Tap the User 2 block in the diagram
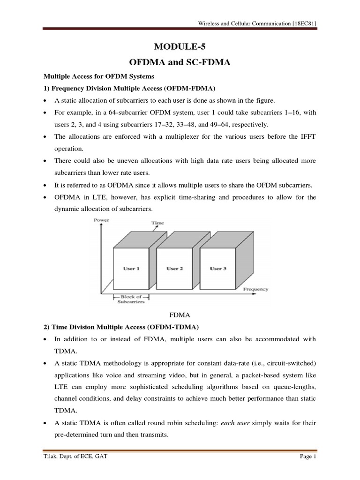(173, 269)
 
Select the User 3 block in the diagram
(218, 269)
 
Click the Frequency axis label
(255, 289)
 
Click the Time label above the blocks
(157, 223)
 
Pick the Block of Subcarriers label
(131, 300)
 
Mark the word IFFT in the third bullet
(308, 137)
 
